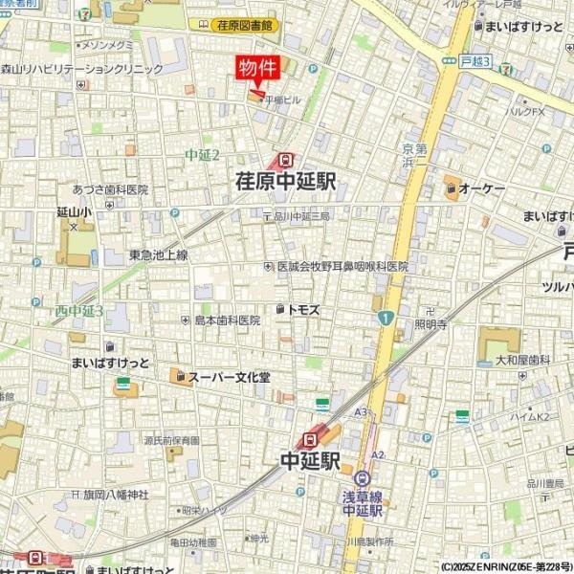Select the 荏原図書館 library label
[x=247, y=26]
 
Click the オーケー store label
[x=480, y=190]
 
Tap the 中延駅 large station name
[x=310, y=461]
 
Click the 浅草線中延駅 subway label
[x=363, y=503]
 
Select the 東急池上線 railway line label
[x=158, y=254]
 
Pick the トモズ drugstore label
[x=303, y=310]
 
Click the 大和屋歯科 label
[x=521, y=360]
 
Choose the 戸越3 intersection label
[x=474, y=61]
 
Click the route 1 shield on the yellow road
[x=385, y=318]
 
